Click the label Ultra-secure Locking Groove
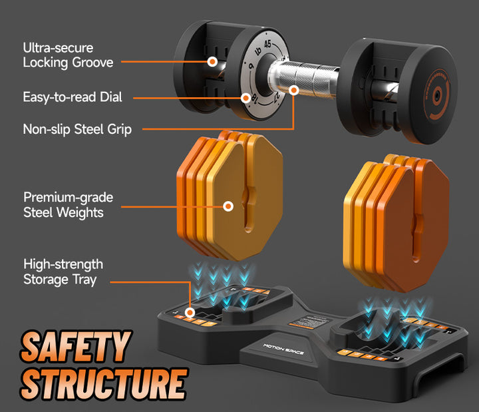tap(68, 55)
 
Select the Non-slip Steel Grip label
tap(77, 129)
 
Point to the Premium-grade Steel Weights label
tap(68, 205)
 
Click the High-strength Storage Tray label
tap(63, 272)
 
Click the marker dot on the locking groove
tap(212, 61)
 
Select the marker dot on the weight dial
tap(245, 97)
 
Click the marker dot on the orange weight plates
tap(228, 206)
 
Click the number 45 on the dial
tap(267, 45)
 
